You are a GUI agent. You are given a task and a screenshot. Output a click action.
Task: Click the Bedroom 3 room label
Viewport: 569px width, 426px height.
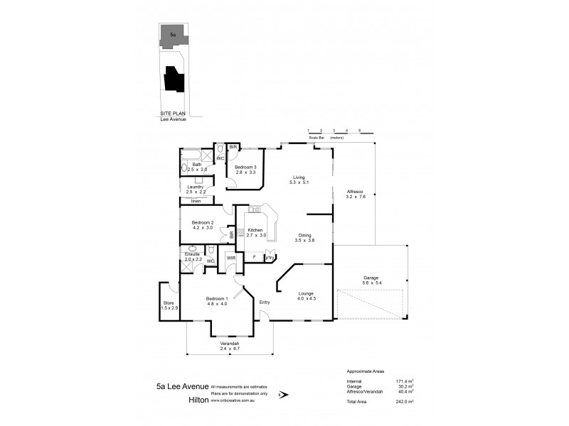click(x=245, y=167)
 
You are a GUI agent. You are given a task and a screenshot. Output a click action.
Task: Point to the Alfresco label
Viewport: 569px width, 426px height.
click(x=355, y=191)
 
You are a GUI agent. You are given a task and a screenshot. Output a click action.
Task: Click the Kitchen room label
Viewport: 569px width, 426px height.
click(x=255, y=229)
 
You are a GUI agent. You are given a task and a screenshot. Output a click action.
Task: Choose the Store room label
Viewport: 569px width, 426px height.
click(x=169, y=302)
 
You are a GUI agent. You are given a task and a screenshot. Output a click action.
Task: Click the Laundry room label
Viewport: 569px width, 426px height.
click(x=196, y=187)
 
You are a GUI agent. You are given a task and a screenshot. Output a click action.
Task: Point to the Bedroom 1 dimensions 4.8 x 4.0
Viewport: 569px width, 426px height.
click(x=216, y=304)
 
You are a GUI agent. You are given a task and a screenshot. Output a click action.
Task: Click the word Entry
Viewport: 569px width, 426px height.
click(x=264, y=302)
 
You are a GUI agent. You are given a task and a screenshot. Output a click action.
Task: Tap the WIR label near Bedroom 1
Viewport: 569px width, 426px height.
click(x=230, y=258)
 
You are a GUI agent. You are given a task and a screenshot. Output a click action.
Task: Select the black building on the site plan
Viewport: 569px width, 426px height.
click(x=173, y=79)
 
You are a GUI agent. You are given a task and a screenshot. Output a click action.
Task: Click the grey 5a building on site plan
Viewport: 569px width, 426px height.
click(x=173, y=34)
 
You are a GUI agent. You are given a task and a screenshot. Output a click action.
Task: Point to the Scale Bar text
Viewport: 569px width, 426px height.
click(x=318, y=137)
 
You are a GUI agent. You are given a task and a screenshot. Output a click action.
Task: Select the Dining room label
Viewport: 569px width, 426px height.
click(x=304, y=236)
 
